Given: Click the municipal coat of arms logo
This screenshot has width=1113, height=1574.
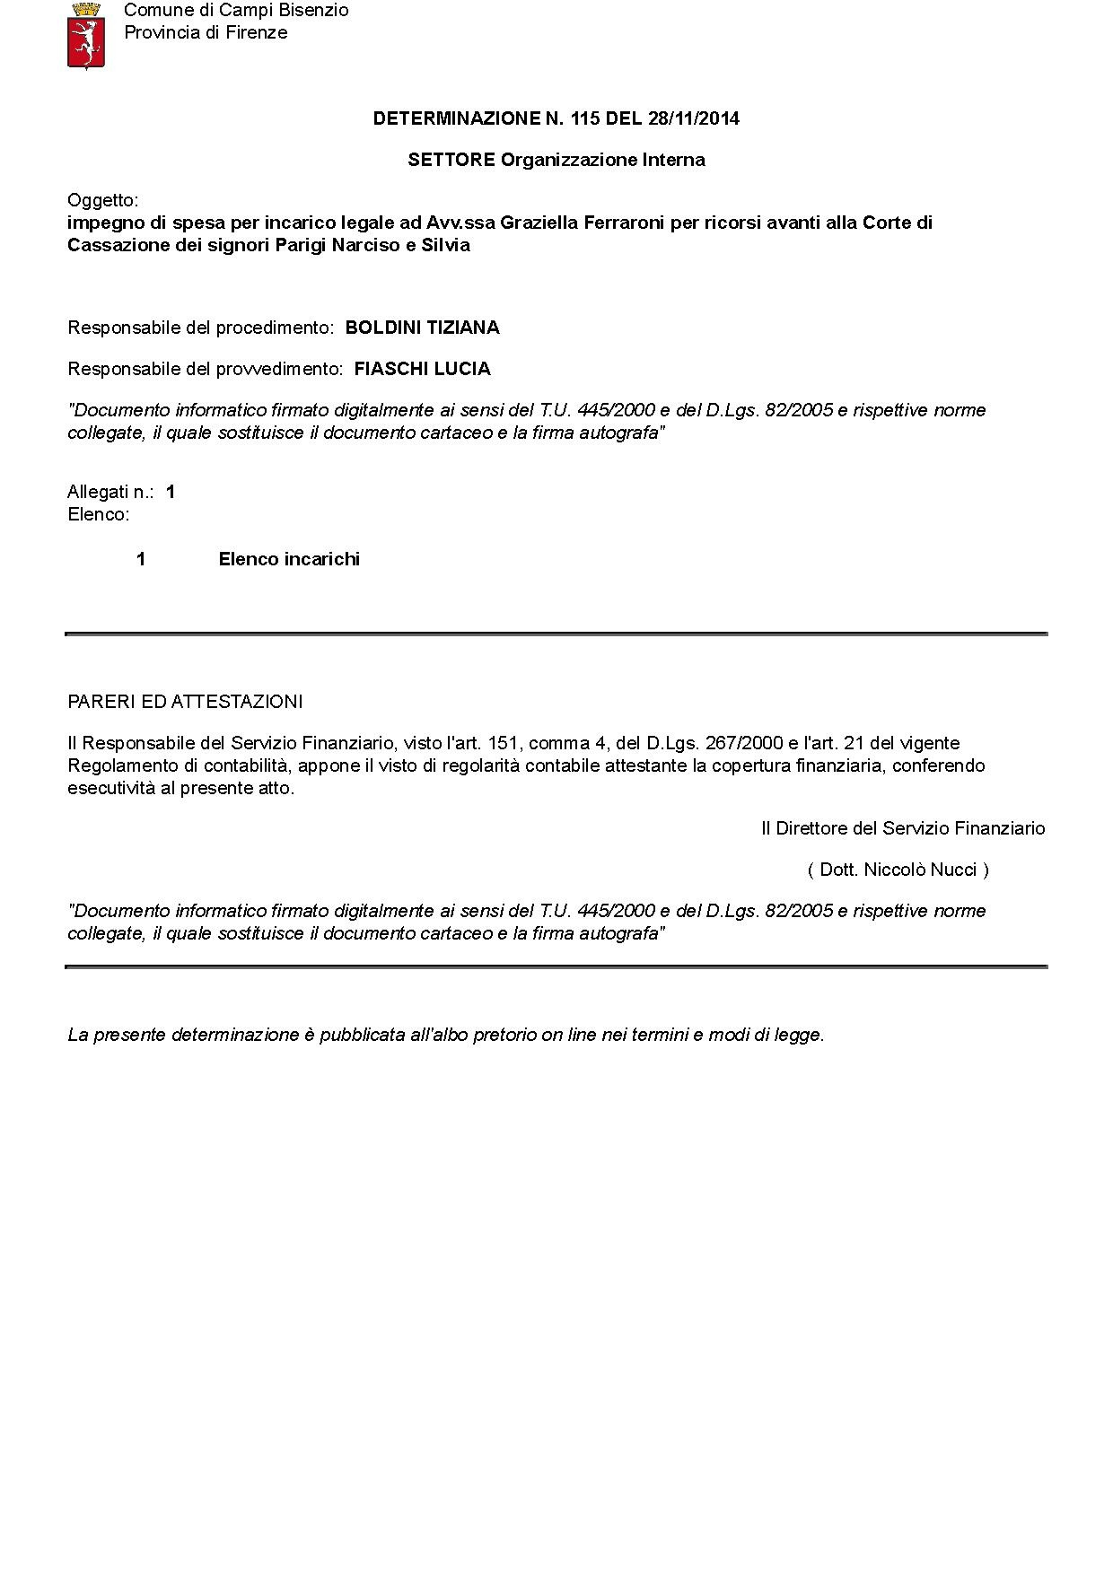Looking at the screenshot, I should [x=86, y=36].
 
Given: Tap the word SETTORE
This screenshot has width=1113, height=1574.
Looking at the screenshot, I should [x=451, y=160].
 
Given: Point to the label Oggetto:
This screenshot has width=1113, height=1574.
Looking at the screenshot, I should [x=103, y=200].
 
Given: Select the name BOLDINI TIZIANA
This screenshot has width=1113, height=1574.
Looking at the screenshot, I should [x=422, y=328].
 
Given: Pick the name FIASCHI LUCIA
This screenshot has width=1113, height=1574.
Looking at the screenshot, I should [x=422, y=369].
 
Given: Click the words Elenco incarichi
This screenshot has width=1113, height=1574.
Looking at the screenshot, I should [x=289, y=559].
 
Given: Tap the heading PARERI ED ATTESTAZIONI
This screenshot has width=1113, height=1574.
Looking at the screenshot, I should [x=185, y=701].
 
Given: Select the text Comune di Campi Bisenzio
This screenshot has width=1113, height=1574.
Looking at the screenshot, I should [x=236, y=11].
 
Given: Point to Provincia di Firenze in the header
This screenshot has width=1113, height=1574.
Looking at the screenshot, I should [x=206, y=33].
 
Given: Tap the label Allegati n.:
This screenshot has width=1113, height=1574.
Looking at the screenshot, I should [x=110, y=492].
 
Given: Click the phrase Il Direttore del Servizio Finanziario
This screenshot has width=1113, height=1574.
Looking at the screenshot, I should [x=903, y=828].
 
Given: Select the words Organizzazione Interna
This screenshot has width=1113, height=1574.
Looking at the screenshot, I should [x=602, y=160].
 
